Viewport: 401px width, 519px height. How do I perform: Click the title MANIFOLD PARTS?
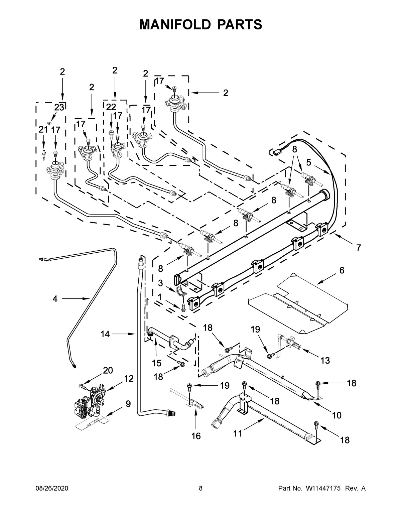pos(200,24)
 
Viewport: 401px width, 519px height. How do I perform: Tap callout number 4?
pos(55,299)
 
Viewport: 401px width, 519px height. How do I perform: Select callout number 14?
pos(105,334)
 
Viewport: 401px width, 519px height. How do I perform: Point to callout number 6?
pos(342,270)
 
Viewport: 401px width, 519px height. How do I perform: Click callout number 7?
pos(359,248)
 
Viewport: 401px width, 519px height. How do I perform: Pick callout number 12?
pos(129,379)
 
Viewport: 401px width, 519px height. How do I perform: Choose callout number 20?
pos(108,370)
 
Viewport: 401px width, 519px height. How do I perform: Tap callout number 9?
pos(128,404)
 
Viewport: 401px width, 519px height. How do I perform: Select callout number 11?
pos(238,434)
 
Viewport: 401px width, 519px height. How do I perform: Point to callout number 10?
pos(337,415)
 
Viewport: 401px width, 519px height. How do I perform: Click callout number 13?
pos(325,360)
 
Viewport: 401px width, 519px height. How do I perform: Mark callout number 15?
pos(156,363)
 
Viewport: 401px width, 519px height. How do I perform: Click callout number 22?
pos(111,107)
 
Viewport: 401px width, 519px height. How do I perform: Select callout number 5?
pos(309,163)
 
